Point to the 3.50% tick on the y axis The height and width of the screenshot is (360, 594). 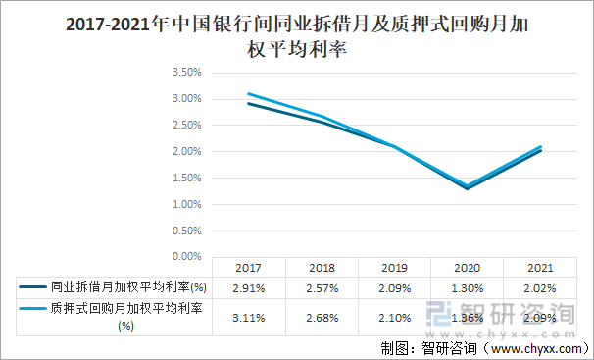[186, 73]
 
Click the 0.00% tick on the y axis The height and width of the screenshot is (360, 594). [186, 257]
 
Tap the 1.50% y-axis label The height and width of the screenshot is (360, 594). [186, 178]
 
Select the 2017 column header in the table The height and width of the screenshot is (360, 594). [249, 267]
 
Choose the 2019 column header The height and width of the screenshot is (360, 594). [394, 267]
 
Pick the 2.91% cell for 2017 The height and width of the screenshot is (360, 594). [249, 287]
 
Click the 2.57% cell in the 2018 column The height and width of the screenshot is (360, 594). [322, 287]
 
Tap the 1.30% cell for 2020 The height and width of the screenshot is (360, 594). [467, 287]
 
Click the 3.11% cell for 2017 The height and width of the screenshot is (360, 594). [249, 317]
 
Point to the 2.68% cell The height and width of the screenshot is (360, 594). [322, 317]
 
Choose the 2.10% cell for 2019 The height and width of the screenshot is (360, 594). [394, 317]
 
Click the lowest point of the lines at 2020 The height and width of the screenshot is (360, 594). [467, 187]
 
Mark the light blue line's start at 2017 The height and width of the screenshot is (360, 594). [249, 94]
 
